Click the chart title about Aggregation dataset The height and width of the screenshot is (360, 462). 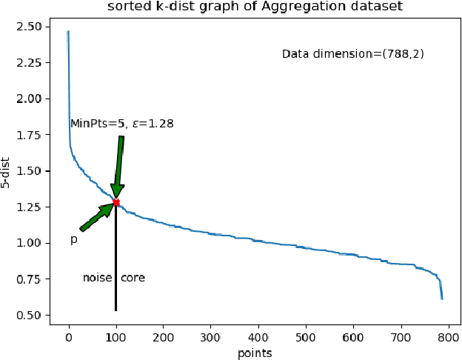[253, 7]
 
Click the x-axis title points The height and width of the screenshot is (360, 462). [255, 353]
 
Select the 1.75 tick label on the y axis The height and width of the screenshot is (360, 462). [38, 135]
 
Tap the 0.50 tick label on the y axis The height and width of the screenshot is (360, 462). [38, 316]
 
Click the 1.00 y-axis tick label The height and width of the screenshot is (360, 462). [38, 244]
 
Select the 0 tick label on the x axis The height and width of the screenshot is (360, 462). [69, 337]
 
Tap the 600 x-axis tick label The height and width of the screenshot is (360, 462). [401, 337]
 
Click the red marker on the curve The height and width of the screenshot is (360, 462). [116, 202]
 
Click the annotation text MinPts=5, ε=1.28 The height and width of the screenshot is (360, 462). [122, 124]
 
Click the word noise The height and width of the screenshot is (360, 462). [97, 278]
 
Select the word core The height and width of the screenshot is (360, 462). [133, 278]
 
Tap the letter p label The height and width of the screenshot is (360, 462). [73, 240]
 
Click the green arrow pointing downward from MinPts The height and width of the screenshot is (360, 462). [118, 167]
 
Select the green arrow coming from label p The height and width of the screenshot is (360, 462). [97, 217]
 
